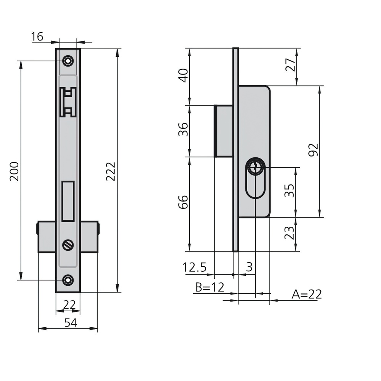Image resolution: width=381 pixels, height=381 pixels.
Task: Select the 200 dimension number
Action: [14, 171]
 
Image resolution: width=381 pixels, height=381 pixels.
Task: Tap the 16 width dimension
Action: [37, 37]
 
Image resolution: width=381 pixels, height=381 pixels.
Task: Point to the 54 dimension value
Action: [70, 323]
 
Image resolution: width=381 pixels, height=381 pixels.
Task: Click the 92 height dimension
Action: [313, 150]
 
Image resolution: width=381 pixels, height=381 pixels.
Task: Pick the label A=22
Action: [307, 295]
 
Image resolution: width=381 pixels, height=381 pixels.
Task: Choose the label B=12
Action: [209, 287]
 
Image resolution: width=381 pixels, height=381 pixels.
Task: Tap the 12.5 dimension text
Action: [194, 267]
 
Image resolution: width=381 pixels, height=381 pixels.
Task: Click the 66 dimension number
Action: [184, 202]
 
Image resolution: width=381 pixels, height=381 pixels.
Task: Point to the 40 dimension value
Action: [184, 75]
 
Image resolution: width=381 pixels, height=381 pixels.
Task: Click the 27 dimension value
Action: [291, 65]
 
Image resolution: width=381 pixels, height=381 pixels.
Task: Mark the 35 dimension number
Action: [290, 190]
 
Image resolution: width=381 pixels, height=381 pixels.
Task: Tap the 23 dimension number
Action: [290, 233]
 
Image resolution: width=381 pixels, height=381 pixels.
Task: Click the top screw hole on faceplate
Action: [68, 61]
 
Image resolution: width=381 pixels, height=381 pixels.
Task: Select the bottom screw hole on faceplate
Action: [68, 280]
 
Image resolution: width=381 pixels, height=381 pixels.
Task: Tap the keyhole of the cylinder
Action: [254, 166]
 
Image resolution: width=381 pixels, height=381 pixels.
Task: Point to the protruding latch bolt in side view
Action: [223, 130]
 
